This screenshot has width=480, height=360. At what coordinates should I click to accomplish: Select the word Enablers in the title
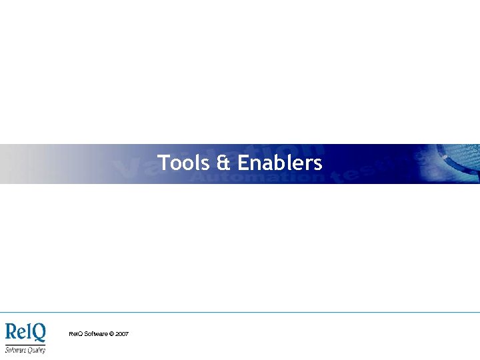[280, 163]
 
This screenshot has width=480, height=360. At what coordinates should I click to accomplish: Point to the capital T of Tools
[163, 163]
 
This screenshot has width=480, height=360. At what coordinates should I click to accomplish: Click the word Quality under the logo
[35, 350]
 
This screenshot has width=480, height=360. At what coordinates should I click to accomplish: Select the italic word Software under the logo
[15, 349]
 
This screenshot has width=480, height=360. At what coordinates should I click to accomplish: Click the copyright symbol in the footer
[111, 333]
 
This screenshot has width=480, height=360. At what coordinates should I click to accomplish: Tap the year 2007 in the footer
[122, 333]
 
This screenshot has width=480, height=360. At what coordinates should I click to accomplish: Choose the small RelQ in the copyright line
[75, 333]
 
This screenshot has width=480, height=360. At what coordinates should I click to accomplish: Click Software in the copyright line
[95, 333]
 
